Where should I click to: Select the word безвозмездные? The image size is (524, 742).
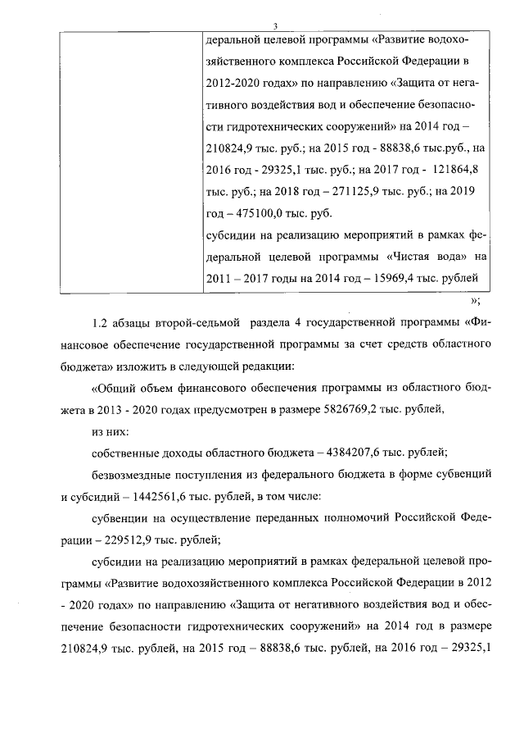[x=133, y=475]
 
